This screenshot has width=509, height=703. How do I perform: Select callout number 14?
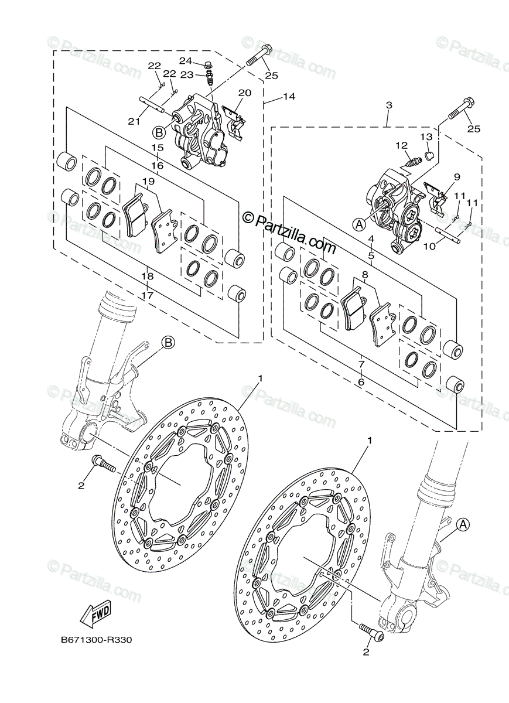(x=288, y=97)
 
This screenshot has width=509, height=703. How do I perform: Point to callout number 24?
(x=185, y=61)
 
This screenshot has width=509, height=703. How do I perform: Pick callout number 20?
(x=244, y=93)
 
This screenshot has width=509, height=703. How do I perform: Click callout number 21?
(x=134, y=121)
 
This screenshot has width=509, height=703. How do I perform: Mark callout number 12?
(x=401, y=145)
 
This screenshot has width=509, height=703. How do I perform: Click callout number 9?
(x=457, y=176)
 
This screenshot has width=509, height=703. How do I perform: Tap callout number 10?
(x=429, y=247)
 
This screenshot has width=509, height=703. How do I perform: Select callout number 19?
(x=149, y=182)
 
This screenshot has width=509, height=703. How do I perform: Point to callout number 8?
(x=364, y=274)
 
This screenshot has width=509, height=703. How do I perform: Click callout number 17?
(x=148, y=296)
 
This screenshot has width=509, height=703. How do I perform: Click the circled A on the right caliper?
(x=359, y=223)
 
